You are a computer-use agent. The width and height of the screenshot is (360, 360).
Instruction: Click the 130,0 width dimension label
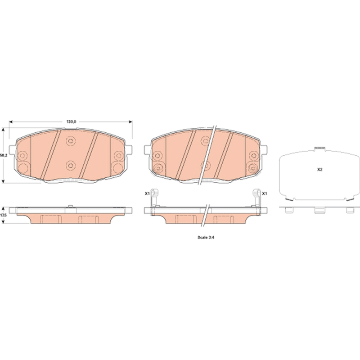coord(71,121)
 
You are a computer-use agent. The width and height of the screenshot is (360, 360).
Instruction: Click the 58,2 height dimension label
coord(4,155)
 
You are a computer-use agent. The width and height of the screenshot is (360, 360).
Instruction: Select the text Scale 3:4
coord(206,238)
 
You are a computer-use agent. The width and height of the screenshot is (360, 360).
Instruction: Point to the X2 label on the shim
coord(320,170)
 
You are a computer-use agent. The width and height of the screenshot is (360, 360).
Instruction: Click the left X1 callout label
coord(147,193)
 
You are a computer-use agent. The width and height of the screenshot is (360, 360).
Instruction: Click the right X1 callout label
coord(265,193)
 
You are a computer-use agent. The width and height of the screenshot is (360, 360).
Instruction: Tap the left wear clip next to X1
coord(154,198)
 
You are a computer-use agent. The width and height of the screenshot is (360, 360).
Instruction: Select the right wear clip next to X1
coord(256,198)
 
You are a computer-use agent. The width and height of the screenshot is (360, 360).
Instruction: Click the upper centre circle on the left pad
coord(70,141)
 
